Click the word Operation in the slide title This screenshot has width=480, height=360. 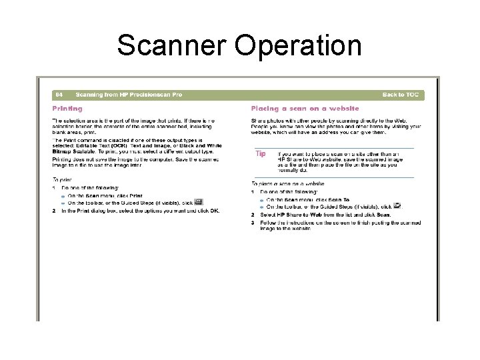pyautogui.click(x=299, y=45)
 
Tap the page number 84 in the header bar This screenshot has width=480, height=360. pyautogui.click(x=59, y=95)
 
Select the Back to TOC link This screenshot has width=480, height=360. pyautogui.click(x=401, y=95)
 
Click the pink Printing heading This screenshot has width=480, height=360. pyautogui.click(x=67, y=108)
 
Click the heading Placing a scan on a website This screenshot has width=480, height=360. pyautogui.click(x=305, y=108)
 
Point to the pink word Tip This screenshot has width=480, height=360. pyautogui.click(x=261, y=153)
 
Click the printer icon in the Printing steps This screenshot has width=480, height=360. pyautogui.click(x=199, y=201)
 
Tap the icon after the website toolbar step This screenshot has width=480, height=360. pyautogui.click(x=397, y=206)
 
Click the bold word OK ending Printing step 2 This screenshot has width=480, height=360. pyautogui.click(x=215, y=211)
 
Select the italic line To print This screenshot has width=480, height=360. pyautogui.click(x=62, y=179)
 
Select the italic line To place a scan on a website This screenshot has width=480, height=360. pyautogui.click(x=287, y=183)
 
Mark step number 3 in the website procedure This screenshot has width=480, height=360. pyautogui.click(x=253, y=223)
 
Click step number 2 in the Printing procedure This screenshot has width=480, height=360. pyautogui.click(x=54, y=211)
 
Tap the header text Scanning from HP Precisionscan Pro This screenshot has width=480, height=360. pyautogui.click(x=129, y=95)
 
